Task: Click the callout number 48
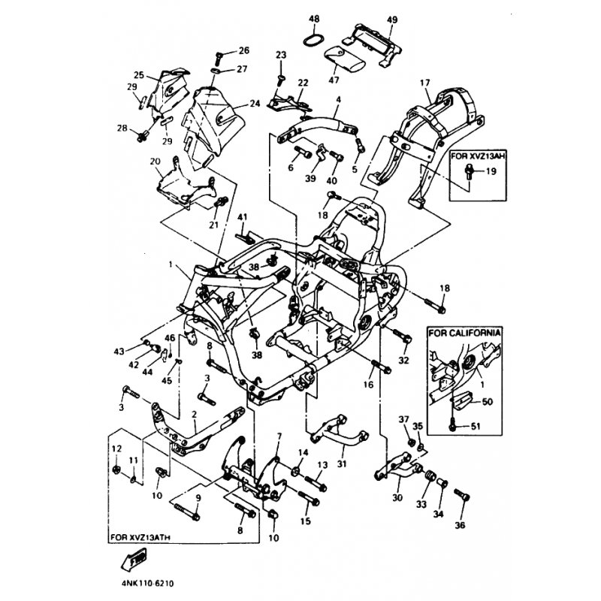[313, 18]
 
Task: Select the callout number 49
[370, 18]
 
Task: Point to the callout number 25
[139, 75]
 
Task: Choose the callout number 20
[156, 162]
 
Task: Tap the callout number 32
[403, 361]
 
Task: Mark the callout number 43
[119, 352]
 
